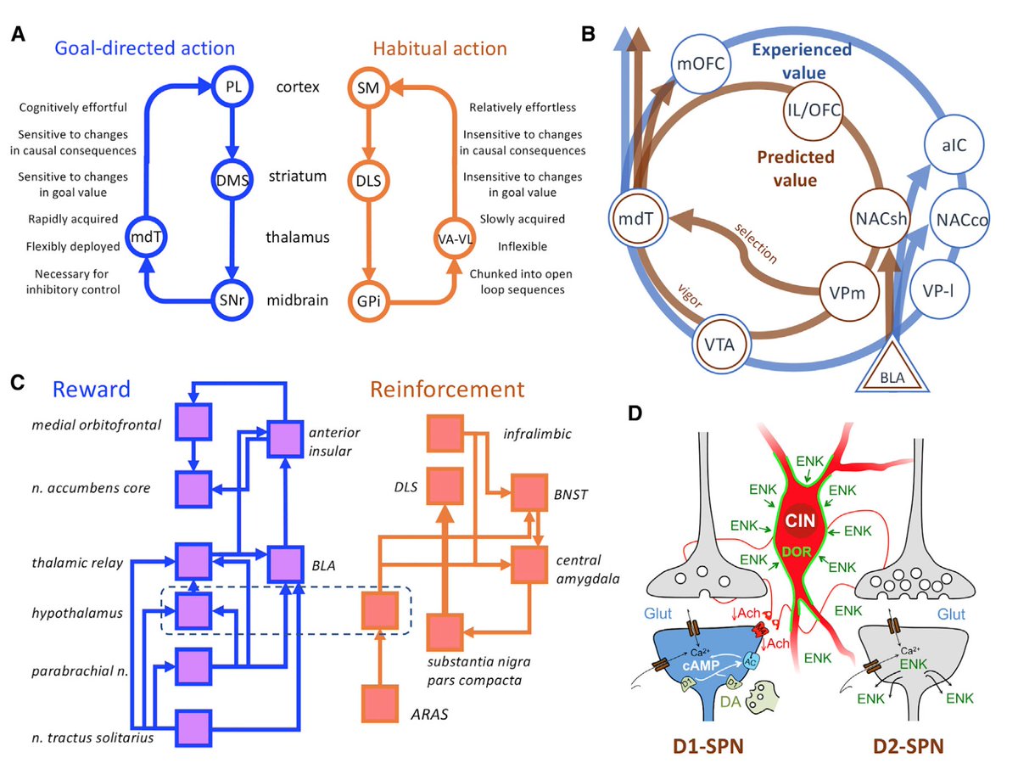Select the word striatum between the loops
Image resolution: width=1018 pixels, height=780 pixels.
click(x=297, y=177)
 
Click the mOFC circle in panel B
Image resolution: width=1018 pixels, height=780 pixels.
click(x=696, y=62)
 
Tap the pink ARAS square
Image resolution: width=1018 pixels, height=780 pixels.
click(x=379, y=704)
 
